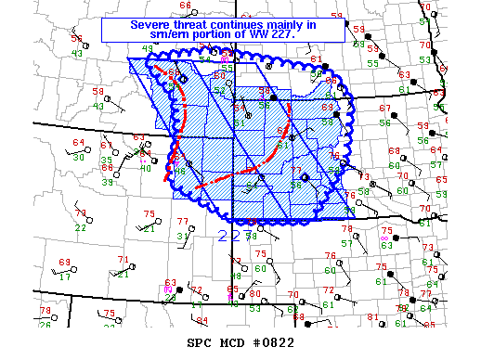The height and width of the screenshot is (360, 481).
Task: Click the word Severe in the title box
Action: pyautogui.click(x=150, y=23)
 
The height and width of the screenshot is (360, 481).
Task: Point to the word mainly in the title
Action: pyautogui.click(x=294, y=23)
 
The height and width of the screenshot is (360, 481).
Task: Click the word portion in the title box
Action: pyautogui.click(x=215, y=33)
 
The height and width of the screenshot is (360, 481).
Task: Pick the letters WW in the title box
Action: pyautogui.click(x=265, y=33)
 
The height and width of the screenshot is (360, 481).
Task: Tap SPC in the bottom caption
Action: pyautogui.click(x=199, y=342)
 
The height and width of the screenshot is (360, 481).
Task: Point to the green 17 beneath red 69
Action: pyautogui.click(x=65, y=276)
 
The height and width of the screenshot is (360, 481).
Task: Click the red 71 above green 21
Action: pyautogui.click(x=123, y=260)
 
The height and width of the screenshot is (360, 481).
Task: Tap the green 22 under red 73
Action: pyautogui.click(x=81, y=227)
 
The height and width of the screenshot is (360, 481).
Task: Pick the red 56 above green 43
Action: pyautogui.click(x=76, y=41)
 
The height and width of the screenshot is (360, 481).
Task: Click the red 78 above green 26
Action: pyautogui.click(x=45, y=310)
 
